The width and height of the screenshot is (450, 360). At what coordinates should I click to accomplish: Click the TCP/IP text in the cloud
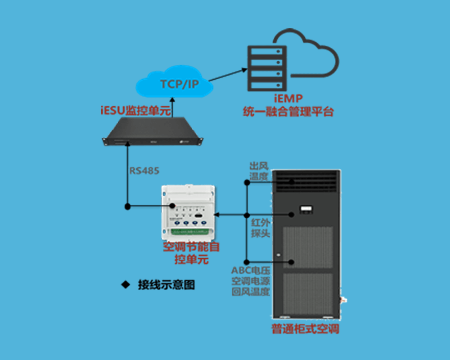(180, 84)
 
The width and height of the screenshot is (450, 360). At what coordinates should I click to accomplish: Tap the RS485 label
(144, 171)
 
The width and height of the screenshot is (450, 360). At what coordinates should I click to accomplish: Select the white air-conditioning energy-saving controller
(189, 212)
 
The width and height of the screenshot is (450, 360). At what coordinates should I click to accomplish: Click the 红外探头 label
(261, 228)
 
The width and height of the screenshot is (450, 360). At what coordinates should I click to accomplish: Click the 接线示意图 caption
(166, 285)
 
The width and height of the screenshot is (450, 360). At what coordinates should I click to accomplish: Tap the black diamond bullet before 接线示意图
(125, 284)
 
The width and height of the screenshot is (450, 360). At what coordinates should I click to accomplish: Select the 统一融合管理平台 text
(288, 112)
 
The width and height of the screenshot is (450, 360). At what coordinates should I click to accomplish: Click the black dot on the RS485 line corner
(127, 207)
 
